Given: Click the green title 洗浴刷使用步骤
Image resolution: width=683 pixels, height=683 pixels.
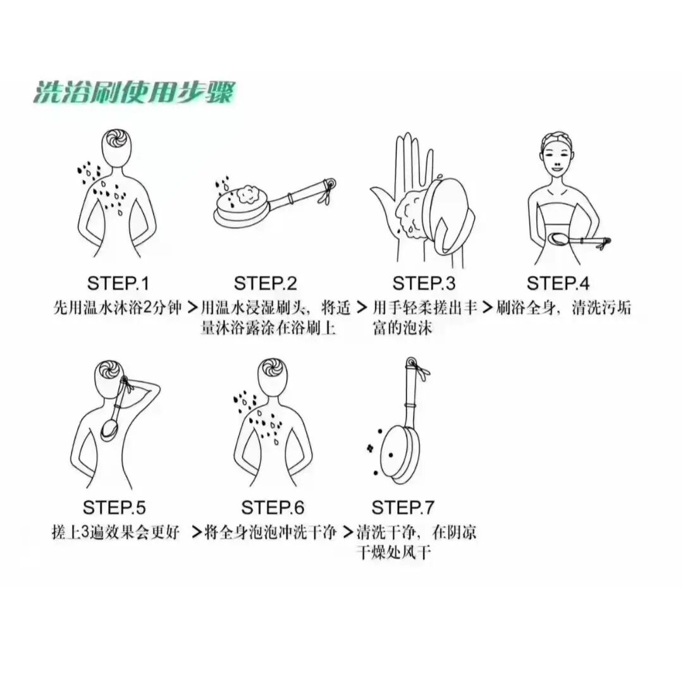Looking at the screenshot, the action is click(x=133, y=92).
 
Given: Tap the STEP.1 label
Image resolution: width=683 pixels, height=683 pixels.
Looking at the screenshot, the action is click(x=118, y=283).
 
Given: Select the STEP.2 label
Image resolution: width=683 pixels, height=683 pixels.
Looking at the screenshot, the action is click(x=265, y=283).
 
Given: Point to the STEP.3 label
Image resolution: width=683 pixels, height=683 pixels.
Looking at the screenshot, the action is click(x=423, y=283).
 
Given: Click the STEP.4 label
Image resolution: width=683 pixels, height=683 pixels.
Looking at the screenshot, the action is click(x=558, y=283).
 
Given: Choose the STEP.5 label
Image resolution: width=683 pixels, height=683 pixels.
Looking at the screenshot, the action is click(x=114, y=507).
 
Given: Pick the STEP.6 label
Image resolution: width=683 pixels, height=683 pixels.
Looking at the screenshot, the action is click(x=273, y=507).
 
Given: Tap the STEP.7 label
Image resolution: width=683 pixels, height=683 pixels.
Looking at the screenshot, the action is click(x=403, y=507).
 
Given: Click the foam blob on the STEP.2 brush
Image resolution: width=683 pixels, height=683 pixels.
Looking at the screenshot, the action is click(x=247, y=194).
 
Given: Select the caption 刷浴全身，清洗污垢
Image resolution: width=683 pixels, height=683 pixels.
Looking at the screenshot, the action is click(x=563, y=308).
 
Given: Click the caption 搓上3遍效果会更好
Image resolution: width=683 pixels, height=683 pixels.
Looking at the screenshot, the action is click(x=116, y=532).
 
